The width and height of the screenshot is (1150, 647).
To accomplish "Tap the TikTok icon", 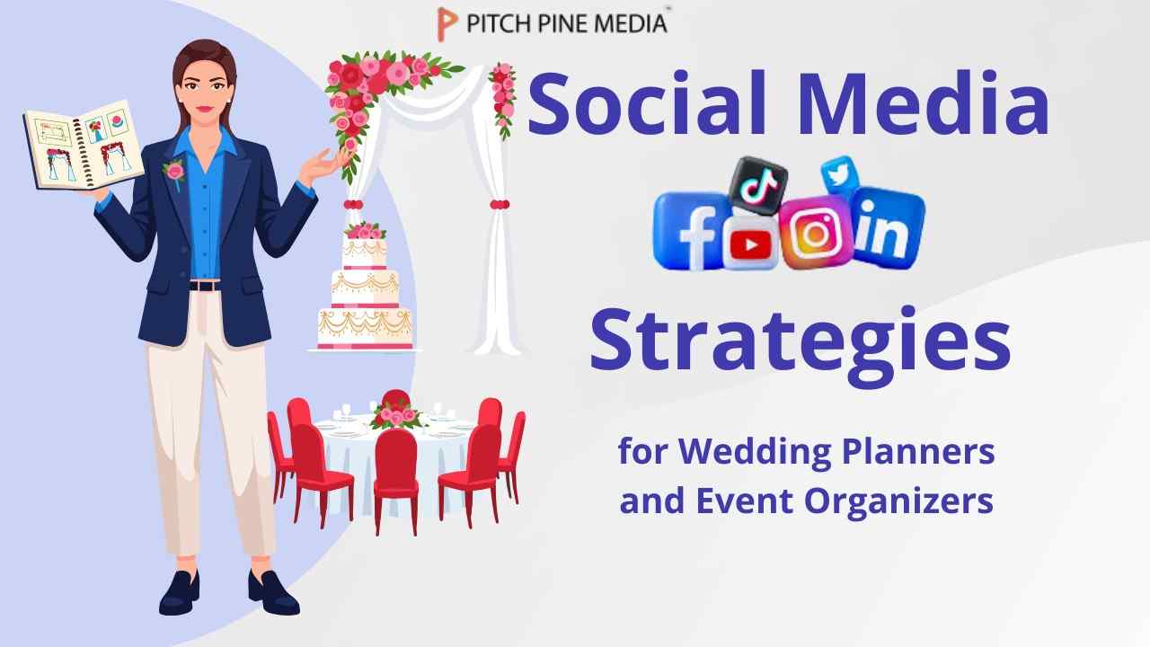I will (756, 185).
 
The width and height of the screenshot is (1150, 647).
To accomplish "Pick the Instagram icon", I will (815, 232).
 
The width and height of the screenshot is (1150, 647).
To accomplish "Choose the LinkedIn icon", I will (888, 226).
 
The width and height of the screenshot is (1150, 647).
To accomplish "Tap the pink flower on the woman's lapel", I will (174, 170).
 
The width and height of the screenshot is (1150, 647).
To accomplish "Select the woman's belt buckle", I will (206, 286).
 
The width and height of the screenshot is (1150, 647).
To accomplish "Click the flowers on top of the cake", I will (365, 231).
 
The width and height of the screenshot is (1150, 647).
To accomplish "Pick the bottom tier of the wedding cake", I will (365, 327).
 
